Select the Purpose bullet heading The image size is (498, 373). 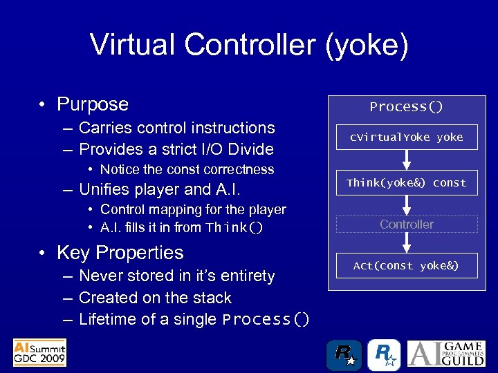(93, 104)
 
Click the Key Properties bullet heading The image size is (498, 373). (120, 253)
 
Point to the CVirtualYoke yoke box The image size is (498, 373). (407, 137)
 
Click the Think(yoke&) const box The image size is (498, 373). (407, 183)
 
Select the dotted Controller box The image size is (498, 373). (407, 224)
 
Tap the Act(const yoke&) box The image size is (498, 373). (407, 266)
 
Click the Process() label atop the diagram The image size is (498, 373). (407, 107)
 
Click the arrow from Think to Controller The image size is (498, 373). (407, 204)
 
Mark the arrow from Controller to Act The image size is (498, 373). (407, 243)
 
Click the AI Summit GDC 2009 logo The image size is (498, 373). (39, 352)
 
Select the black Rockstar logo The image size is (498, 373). (344, 354)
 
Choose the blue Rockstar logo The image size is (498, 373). (383, 354)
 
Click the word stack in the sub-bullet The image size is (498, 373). (212, 298)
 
